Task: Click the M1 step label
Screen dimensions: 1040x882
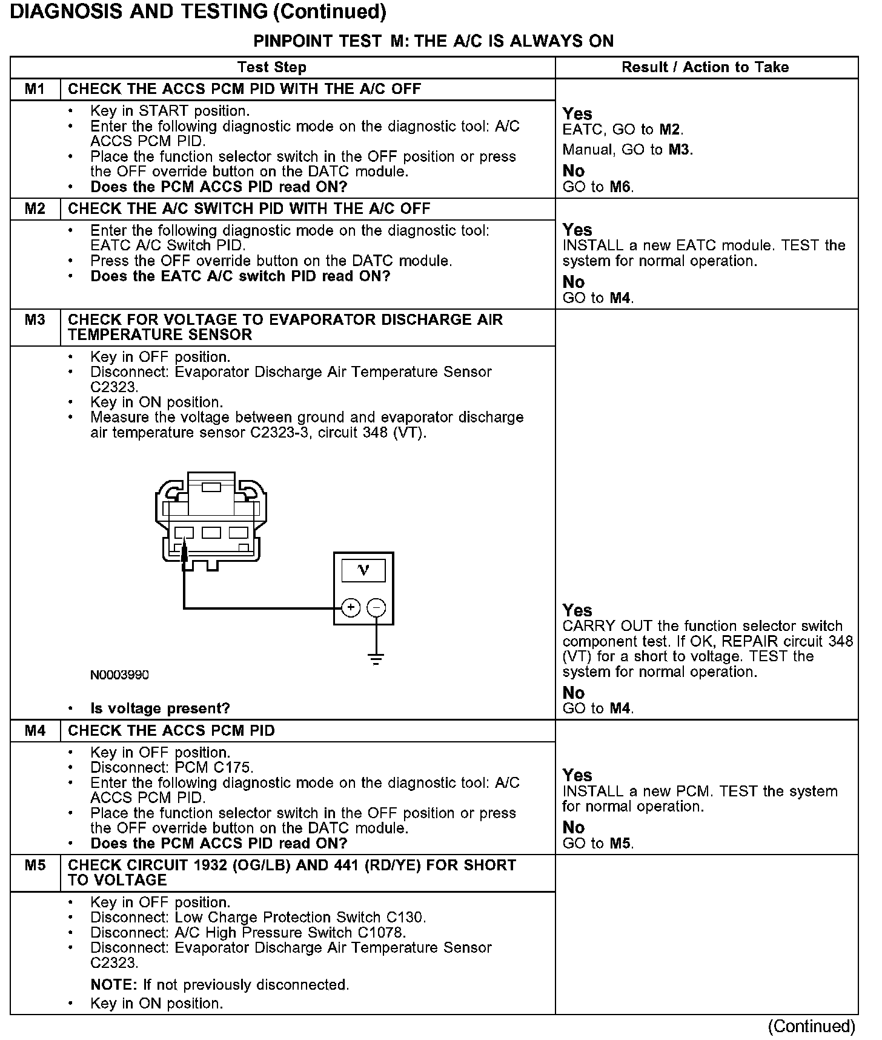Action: point(35,89)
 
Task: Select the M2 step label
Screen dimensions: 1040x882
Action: point(35,208)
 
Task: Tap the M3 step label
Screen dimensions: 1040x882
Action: point(35,319)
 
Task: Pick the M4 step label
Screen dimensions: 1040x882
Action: point(35,730)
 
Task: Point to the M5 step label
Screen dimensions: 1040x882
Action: point(35,865)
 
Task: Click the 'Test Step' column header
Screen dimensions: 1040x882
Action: point(272,67)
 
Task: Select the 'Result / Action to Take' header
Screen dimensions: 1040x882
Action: point(705,67)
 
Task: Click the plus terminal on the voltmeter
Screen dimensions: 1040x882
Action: point(351,607)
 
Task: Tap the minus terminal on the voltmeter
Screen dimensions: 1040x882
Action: point(377,607)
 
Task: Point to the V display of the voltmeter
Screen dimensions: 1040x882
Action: point(363,570)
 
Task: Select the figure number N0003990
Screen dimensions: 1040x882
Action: point(119,675)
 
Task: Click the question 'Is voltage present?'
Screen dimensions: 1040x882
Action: point(160,708)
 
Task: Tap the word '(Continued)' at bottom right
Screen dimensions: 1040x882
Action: point(811,1026)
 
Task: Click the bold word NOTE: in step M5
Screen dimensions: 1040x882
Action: point(114,985)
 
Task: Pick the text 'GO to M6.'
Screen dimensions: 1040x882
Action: point(598,187)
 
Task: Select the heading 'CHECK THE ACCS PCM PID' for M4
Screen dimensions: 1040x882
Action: point(171,730)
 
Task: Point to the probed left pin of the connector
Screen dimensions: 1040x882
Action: point(184,534)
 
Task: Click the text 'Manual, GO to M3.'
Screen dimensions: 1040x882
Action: point(628,149)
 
